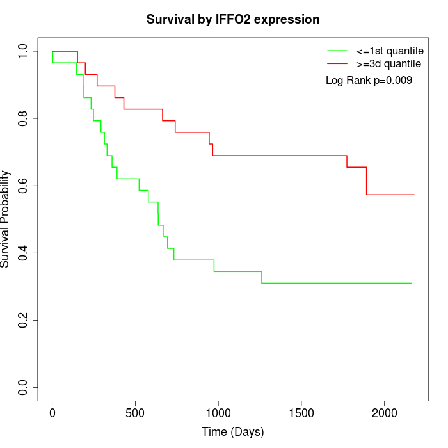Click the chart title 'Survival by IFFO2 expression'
point(233,19)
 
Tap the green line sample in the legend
point(337,51)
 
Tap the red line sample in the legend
point(337,63)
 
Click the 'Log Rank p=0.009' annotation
point(369,81)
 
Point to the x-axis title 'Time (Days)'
point(233,431)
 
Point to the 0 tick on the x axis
point(52,412)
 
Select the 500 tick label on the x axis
point(135,412)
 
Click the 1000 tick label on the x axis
point(218,412)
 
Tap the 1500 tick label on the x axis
point(301,412)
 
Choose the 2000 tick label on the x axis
point(384,412)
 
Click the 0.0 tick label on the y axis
point(24,387)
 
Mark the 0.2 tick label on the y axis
point(24,320)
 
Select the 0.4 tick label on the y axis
point(24,253)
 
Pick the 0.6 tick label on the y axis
point(24,186)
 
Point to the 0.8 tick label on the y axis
point(24,118)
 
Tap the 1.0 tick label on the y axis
point(24,51)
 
